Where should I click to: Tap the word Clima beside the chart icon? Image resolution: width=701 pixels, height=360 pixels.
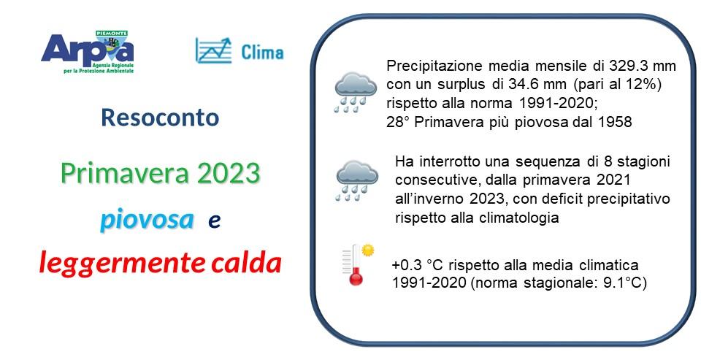pyautogui.click(x=262, y=51)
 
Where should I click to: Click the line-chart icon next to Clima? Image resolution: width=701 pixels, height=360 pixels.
pyautogui.click(x=212, y=50)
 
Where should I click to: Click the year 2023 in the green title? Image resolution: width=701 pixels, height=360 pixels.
pyautogui.click(x=227, y=174)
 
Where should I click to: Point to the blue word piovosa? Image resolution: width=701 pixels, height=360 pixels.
pyautogui.click(x=148, y=219)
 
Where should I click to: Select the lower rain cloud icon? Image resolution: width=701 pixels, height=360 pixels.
pyautogui.click(x=356, y=180)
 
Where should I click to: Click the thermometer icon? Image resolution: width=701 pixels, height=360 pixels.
pyautogui.click(x=356, y=264)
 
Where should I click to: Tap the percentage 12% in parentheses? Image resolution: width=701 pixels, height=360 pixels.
pyautogui.click(x=640, y=85)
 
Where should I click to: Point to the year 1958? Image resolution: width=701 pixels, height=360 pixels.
pyautogui.click(x=616, y=123)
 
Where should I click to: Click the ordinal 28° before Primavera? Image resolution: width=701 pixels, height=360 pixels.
pyautogui.click(x=398, y=123)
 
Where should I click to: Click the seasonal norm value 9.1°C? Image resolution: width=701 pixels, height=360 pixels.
pyautogui.click(x=618, y=283)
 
